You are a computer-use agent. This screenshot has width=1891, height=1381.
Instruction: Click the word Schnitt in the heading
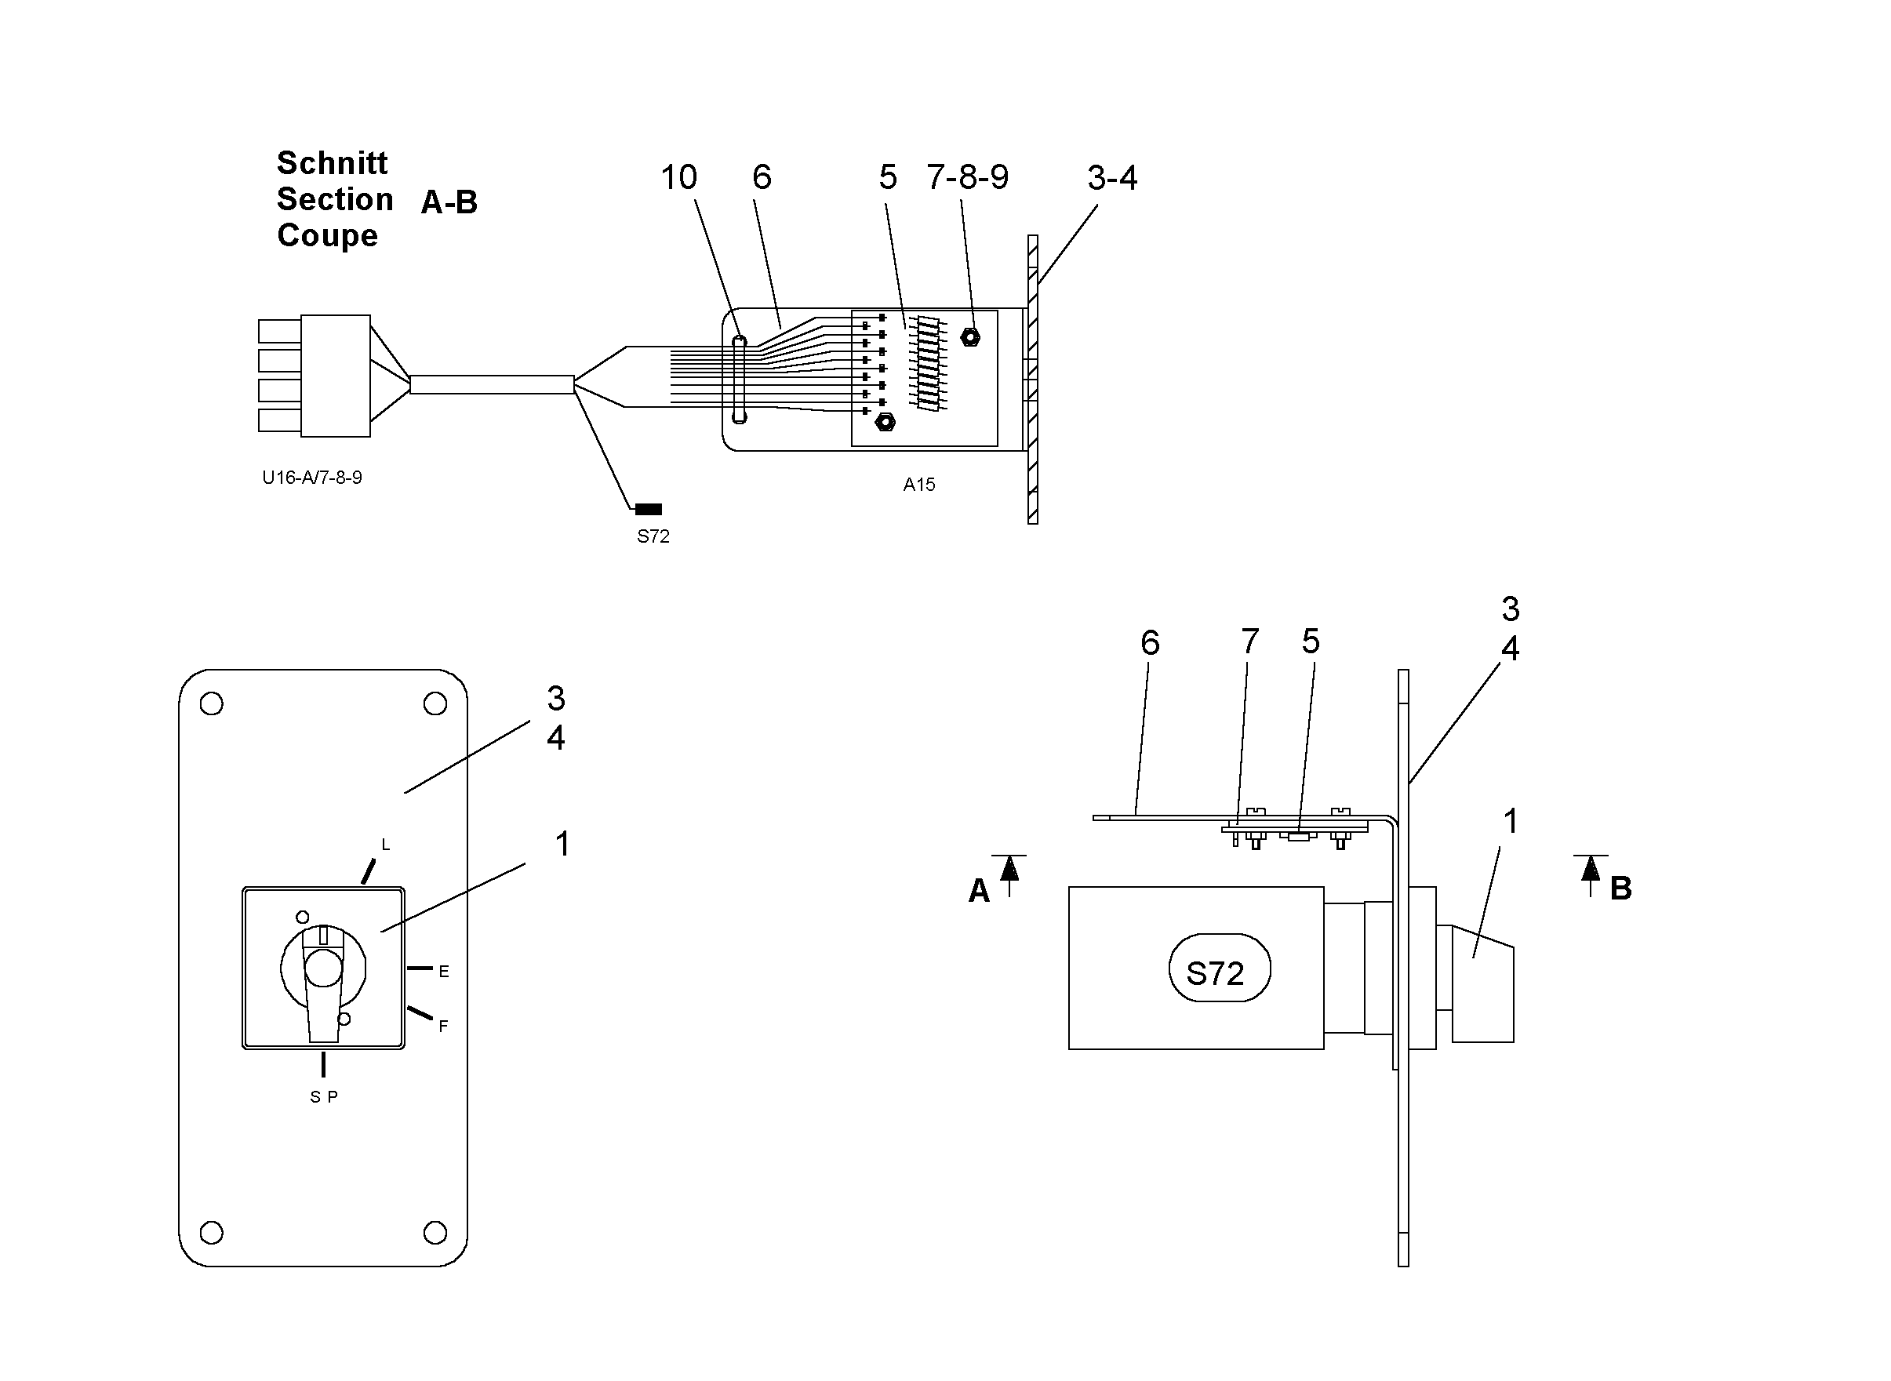332,163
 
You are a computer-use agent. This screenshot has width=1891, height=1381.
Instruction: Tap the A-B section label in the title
449,202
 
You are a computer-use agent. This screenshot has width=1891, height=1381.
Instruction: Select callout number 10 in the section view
678,177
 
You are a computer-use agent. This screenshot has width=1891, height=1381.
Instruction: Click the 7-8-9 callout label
967,176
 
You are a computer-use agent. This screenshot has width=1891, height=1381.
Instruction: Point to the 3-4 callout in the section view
1112,178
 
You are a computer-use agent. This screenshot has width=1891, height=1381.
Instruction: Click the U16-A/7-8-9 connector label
312,478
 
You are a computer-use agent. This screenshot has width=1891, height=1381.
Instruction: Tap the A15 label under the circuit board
918,485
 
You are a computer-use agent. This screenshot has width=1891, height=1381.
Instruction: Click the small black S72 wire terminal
649,509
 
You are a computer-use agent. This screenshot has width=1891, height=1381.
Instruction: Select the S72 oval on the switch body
1219,968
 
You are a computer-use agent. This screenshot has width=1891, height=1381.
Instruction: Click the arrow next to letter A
1010,874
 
